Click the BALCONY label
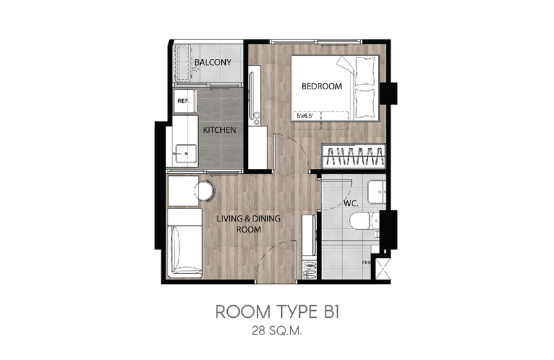213,62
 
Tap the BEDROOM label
321,87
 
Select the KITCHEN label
220,130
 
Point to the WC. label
351,204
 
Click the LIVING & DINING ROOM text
249,224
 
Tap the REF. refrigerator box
184,101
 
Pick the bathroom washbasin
377,192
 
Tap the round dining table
204,191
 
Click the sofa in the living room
185,243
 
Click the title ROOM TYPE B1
277,312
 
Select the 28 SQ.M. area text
277,332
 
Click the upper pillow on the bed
364,71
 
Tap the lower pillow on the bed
364,103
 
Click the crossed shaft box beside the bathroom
383,269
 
